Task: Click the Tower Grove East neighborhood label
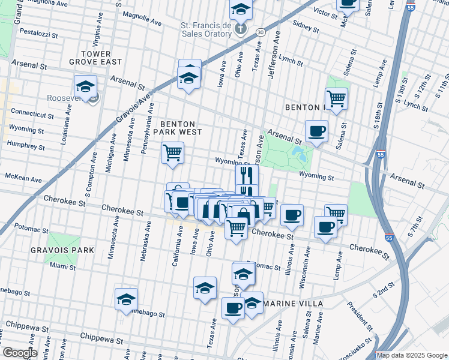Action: (x=101, y=58)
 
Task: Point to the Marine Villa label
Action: (x=294, y=304)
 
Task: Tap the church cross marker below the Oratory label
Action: (x=240, y=29)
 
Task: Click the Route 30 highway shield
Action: (x=259, y=31)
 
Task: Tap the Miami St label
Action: (x=63, y=266)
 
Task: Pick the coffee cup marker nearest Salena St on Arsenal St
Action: (x=316, y=131)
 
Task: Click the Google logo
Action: (x=20, y=353)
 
